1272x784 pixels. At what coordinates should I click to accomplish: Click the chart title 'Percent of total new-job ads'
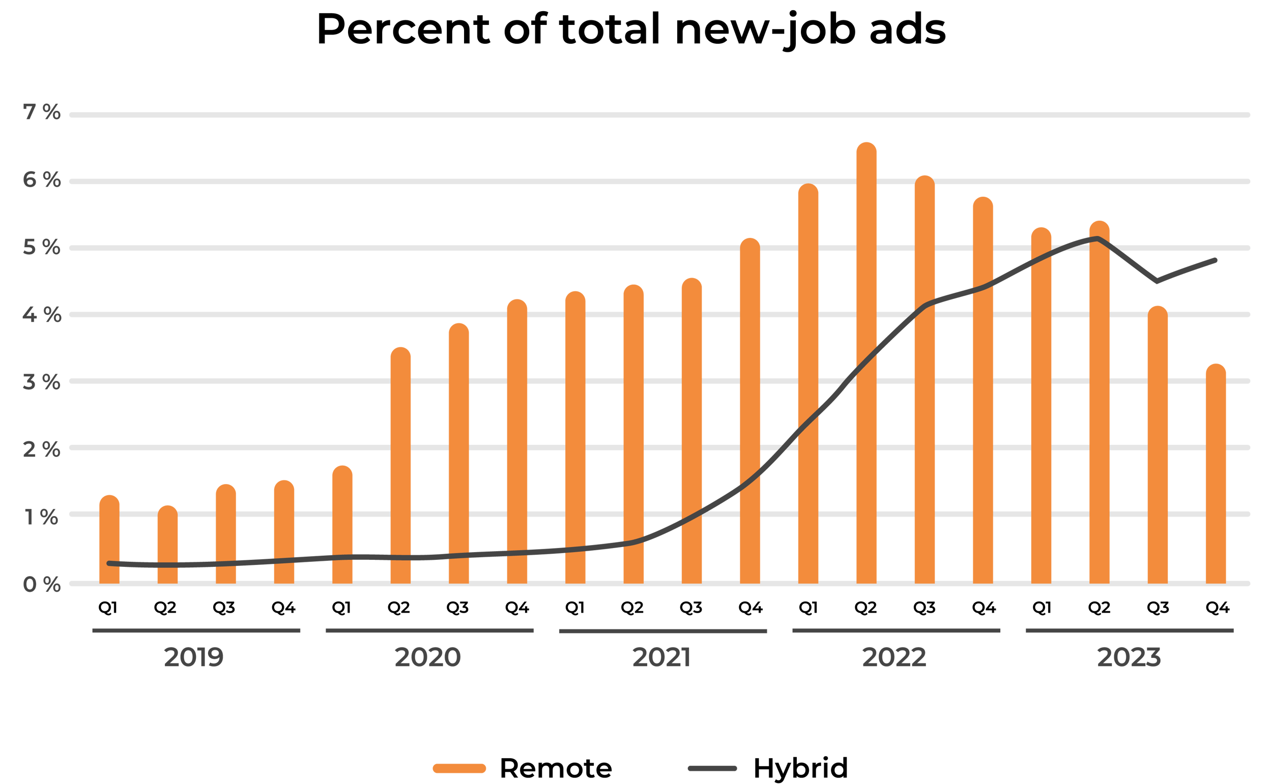click(x=631, y=29)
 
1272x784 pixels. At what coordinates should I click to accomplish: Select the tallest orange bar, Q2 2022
click(x=866, y=363)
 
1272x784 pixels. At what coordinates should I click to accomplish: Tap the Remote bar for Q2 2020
click(x=400, y=467)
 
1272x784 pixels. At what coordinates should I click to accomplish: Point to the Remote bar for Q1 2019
click(x=109, y=539)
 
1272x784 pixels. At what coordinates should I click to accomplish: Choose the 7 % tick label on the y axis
click(x=42, y=112)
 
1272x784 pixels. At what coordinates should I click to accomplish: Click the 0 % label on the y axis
click(x=42, y=584)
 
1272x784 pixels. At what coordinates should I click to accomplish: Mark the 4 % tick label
click(x=42, y=315)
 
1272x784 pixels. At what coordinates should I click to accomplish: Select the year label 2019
click(x=193, y=657)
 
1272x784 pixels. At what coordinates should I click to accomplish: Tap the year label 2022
click(x=894, y=657)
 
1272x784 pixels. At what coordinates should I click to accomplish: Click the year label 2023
click(x=1129, y=657)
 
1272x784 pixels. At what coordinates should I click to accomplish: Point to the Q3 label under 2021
click(x=691, y=608)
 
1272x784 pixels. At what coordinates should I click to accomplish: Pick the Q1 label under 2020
click(x=341, y=608)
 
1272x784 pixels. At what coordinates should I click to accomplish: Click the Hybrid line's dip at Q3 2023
click(x=1157, y=281)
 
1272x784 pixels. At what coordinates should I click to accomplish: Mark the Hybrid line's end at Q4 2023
click(x=1216, y=260)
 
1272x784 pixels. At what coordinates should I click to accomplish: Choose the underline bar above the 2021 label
click(x=662, y=631)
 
